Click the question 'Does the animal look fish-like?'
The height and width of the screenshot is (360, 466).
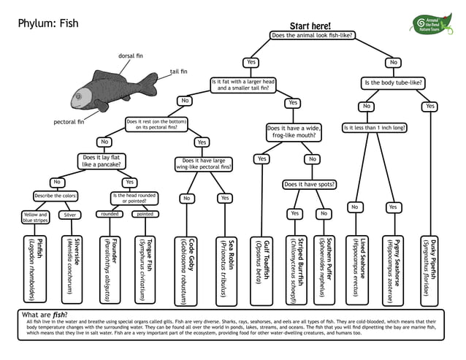pos(312,36)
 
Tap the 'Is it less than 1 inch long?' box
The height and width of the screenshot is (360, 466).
pos(374,128)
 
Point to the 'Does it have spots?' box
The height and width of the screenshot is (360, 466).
pos(309,185)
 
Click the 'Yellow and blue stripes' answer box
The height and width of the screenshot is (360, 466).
pos(34,217)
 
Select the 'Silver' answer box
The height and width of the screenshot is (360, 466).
pos(69,215)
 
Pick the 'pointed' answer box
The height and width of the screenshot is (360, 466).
pos(145,214)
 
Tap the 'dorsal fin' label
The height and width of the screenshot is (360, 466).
pos(129,56)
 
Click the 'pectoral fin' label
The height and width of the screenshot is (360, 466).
pos(69,122)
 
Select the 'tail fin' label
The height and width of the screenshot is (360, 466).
pos(178,72)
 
